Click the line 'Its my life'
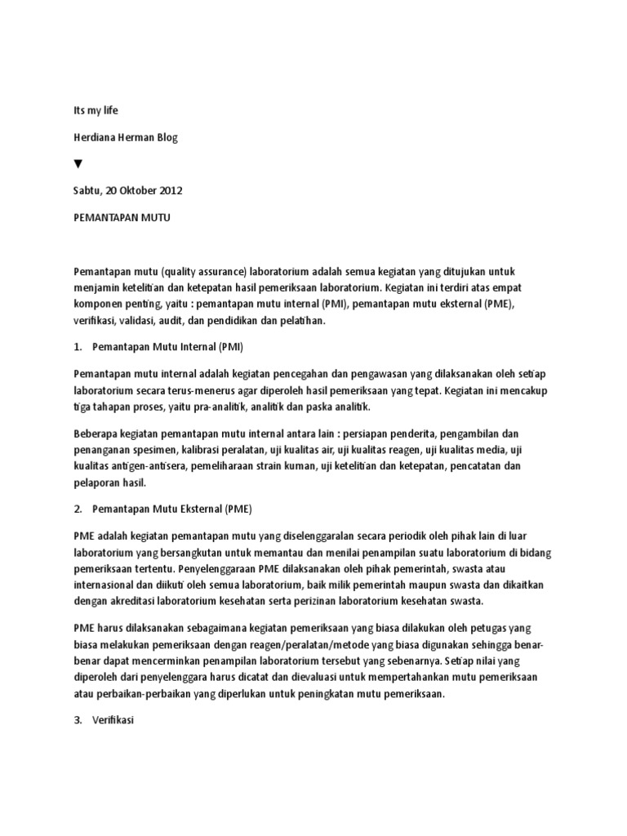point(97,110)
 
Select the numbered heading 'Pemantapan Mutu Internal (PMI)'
point(163,346)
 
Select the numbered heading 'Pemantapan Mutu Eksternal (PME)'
point(173,508)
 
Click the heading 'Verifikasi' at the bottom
point(118,721)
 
